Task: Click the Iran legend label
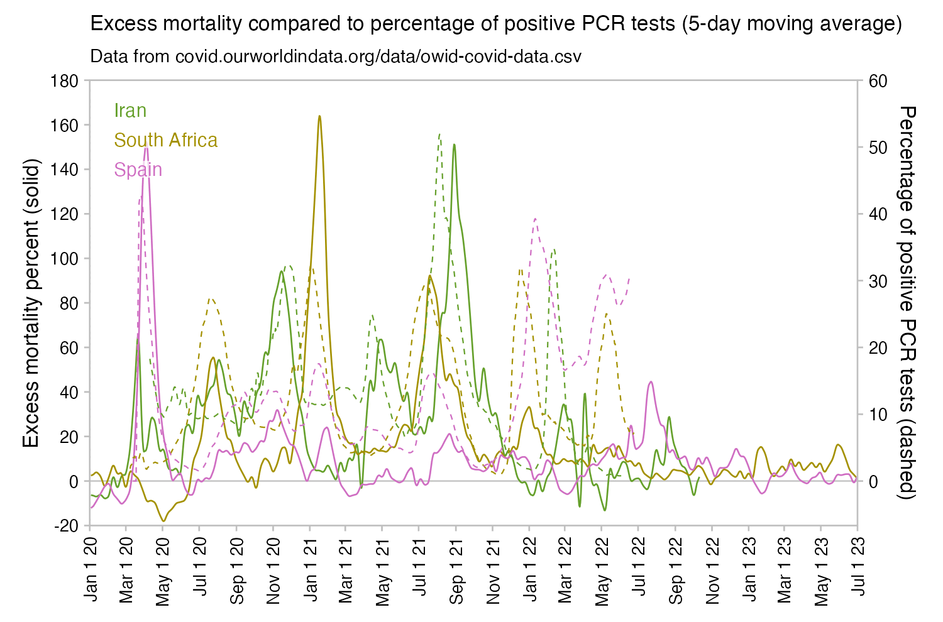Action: [130, 111]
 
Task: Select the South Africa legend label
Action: [166, 140]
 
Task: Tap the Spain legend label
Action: [138, 170]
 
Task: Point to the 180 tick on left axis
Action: [65, 81]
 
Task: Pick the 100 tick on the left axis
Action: [65, 259]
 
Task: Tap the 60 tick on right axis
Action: [878, 81]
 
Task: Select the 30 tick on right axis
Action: [878, 281]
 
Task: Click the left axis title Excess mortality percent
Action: [31, 303]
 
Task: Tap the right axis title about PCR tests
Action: [907, 303]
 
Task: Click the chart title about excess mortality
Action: [496, 24]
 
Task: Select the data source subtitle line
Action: [336, 57]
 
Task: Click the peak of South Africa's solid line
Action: [319, 116]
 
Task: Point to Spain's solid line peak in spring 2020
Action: [146, 145]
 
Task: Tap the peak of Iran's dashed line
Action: [439, 134]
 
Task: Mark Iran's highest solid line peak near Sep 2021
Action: [454, 145]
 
